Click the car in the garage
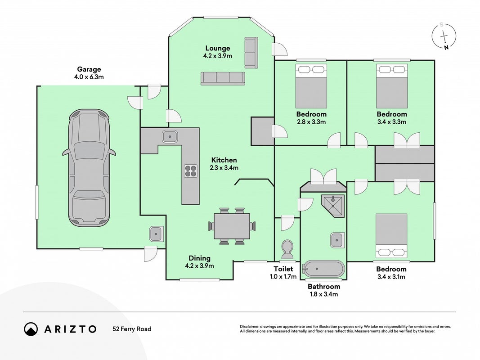[89, 168]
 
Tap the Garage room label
[89, 69]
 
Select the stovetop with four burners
[190, 171]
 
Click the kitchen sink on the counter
[170, 136]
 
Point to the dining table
[232, 226]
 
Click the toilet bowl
[287, 249]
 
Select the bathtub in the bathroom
[323, 269]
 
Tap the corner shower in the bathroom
[333, 205]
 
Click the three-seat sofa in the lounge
[223, 78]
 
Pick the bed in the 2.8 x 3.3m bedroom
[311, 86]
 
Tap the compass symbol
[444, 36]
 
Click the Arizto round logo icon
[31, 329]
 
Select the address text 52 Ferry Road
[132, 329]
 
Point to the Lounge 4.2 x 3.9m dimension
[218, 56]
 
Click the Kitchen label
[224, 160]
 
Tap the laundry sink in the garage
[156, 234]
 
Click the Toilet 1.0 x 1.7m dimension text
[283, 277]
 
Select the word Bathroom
[324, 287]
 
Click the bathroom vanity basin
[337, 240]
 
